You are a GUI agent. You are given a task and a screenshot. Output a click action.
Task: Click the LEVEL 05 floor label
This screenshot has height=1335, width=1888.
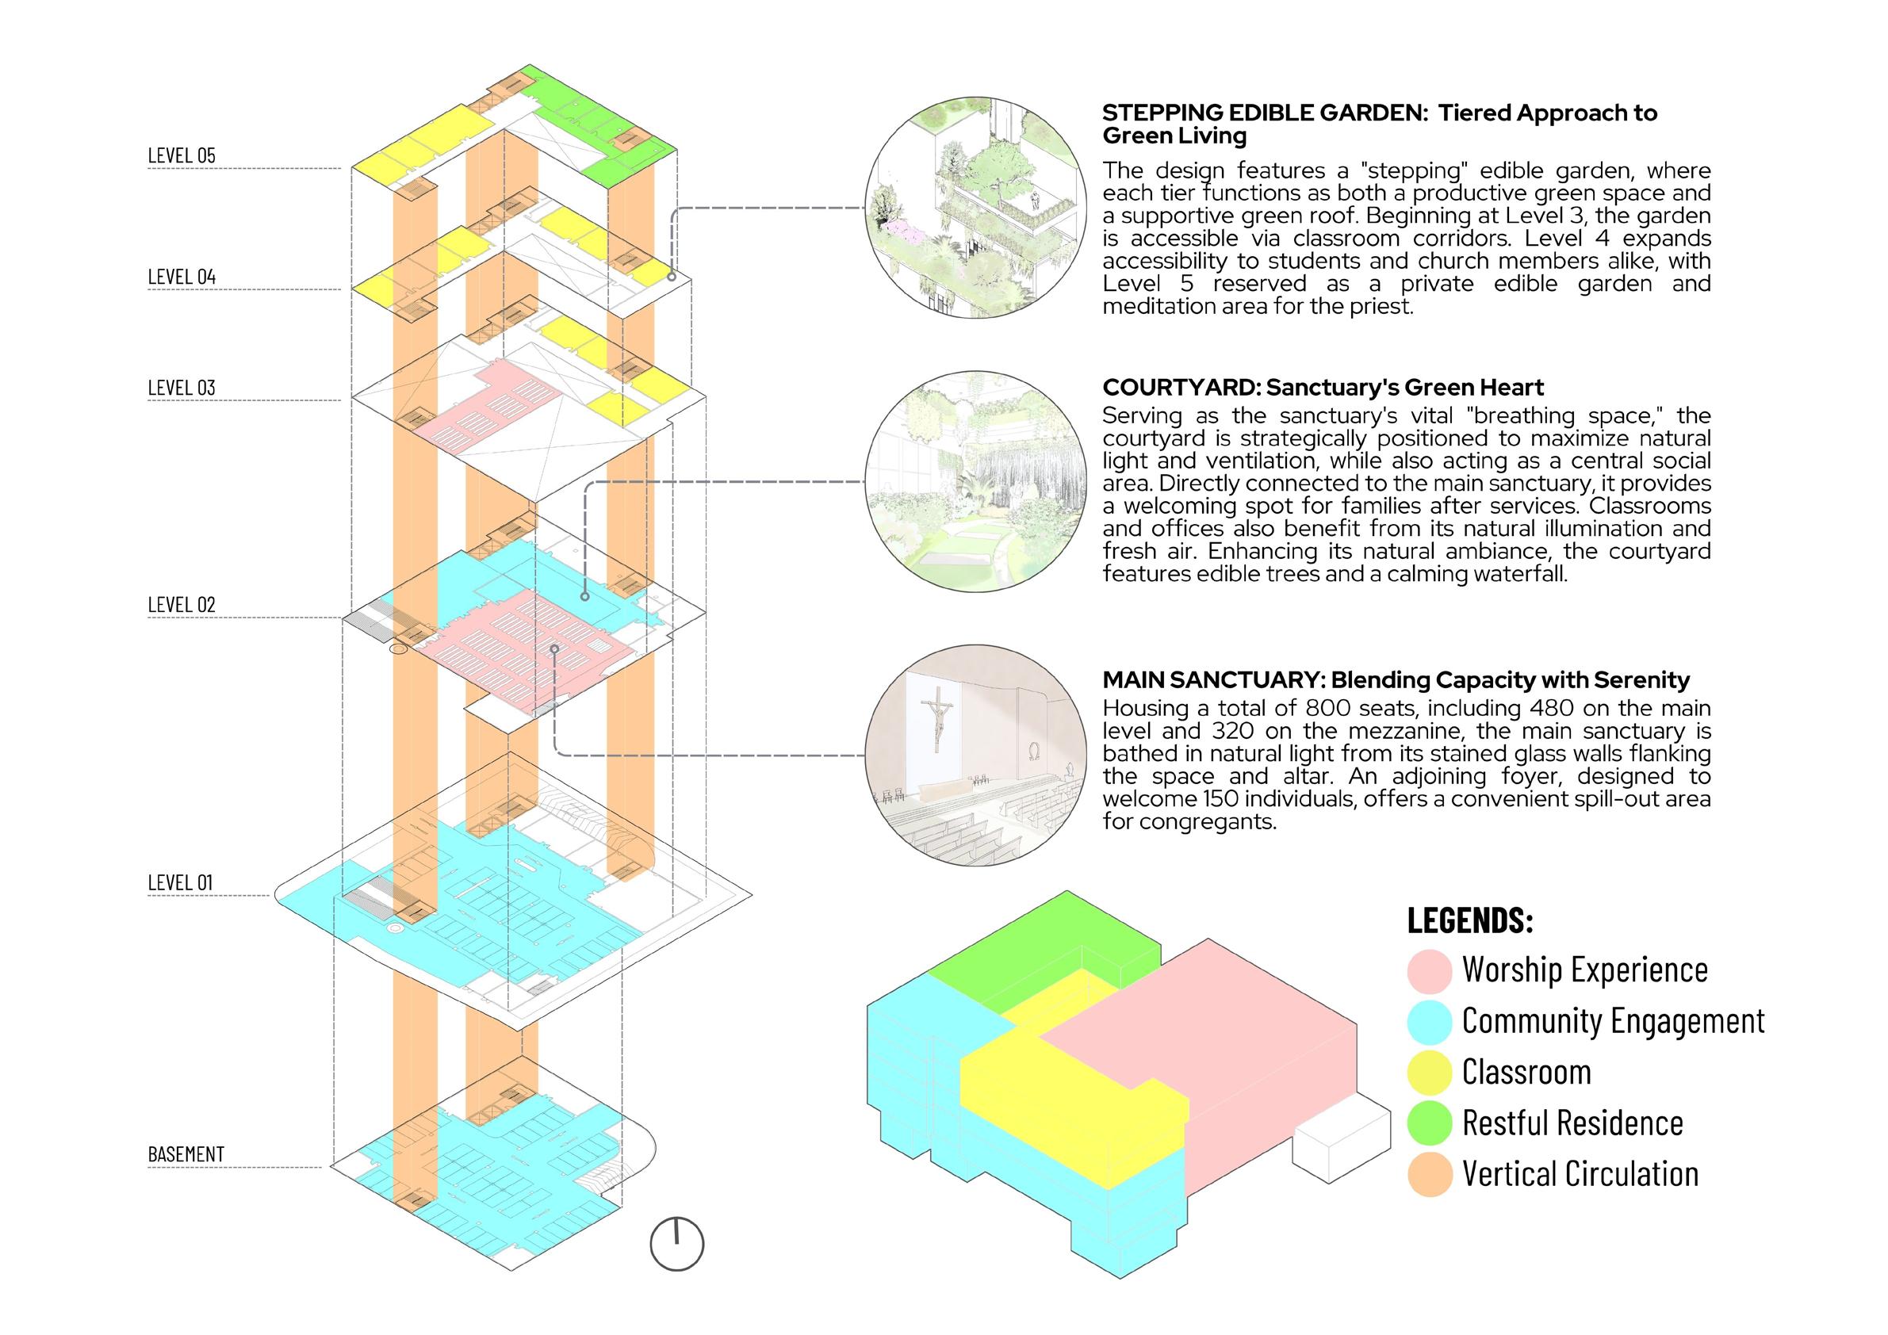tap(182, 155)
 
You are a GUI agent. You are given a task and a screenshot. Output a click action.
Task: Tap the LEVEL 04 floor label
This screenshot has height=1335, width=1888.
tap(182, 276)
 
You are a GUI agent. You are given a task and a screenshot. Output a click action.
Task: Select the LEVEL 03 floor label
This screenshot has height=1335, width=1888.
tap(182, 387)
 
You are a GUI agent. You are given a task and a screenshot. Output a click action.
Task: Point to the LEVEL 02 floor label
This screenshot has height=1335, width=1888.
tap(182, 605)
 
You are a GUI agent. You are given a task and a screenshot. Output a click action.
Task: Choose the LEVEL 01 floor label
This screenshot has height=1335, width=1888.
tap(180, 883)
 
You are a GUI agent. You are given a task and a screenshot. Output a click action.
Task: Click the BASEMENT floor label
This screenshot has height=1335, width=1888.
tap(186, 1154)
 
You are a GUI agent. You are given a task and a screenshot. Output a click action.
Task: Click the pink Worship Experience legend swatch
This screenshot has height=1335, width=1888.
tap(1429, 971)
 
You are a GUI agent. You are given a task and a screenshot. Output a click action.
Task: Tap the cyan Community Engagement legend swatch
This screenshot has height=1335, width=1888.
tap(1429, 1022)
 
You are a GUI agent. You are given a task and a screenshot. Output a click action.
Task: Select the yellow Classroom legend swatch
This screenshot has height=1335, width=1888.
tap(1429, 1073)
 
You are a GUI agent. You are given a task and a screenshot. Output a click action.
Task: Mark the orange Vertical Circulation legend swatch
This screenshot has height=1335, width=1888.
tap(1429, 1175)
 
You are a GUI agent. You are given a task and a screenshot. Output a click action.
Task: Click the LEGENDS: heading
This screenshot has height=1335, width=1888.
tap(1470, 920)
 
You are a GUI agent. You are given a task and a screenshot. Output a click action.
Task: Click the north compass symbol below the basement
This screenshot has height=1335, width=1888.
tap(676, 1244)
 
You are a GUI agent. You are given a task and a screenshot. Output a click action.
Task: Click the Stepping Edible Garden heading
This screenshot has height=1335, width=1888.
tap(1379, 124)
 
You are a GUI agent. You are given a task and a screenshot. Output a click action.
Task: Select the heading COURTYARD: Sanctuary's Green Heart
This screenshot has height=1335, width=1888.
tap(1323, 387)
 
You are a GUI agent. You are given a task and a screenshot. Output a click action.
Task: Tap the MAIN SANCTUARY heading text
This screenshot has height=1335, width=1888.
tap(1396, 680)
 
